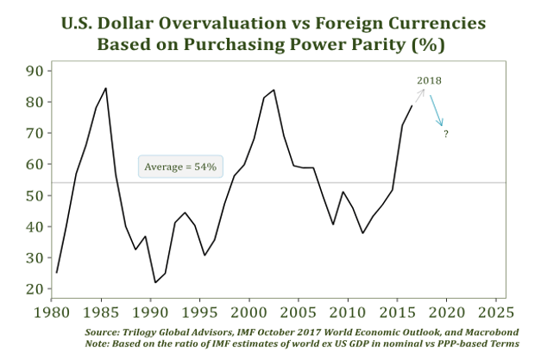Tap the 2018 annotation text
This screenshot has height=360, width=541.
point(429,80)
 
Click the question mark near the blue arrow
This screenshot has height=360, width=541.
point(446,135)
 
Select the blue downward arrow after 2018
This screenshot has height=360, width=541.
point(437,111)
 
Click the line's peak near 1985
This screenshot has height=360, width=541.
point(106,88)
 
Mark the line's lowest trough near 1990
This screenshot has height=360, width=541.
point(155,282)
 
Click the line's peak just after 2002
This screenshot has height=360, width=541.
point(274,90)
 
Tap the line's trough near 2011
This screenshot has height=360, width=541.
point(363,233)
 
